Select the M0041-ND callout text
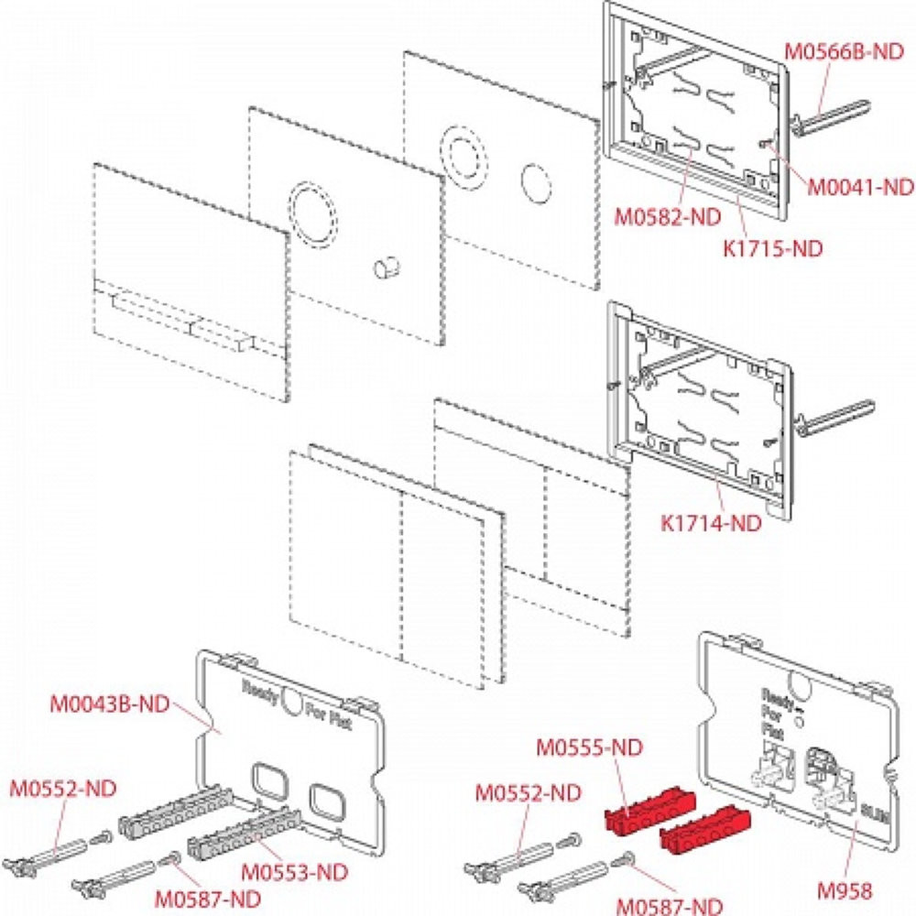[x=860, y=187]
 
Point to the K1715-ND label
[x=771, y=247]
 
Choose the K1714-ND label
[x=711, y=523]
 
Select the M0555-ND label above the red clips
[x=590, y=747]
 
